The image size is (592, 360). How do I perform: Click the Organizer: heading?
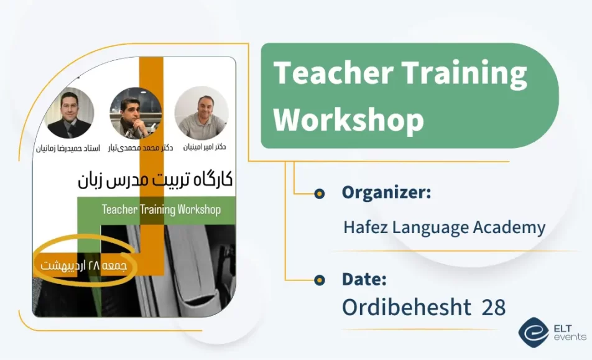click(386, 193)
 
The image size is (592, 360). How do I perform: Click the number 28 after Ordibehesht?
click(493, 307)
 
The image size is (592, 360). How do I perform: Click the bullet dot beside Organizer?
click(320, 193)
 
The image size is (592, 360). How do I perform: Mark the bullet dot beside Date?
click(320, 279)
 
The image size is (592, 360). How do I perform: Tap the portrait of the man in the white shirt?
click(201, 113)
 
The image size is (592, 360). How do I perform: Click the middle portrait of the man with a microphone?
click(136, 113)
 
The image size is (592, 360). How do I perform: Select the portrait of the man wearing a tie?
click(70, 114)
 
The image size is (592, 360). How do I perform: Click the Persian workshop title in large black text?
click(155, 180)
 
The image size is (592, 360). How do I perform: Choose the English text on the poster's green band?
click(161, 210)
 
